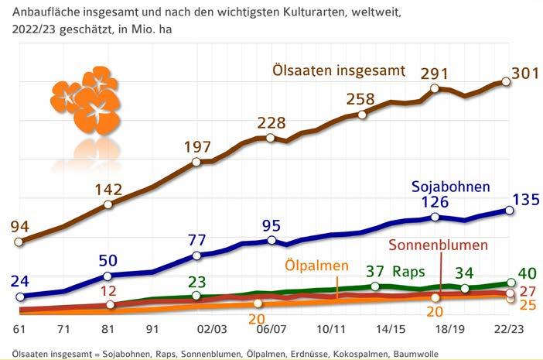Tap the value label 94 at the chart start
click(19, 226)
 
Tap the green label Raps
click(407, 272)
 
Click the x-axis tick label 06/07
click(270, 327)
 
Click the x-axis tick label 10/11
click(330, 327)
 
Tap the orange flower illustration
click(85, 101)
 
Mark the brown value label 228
click(271, 124)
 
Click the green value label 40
click(526, 273)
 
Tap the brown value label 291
click(435, 74)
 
